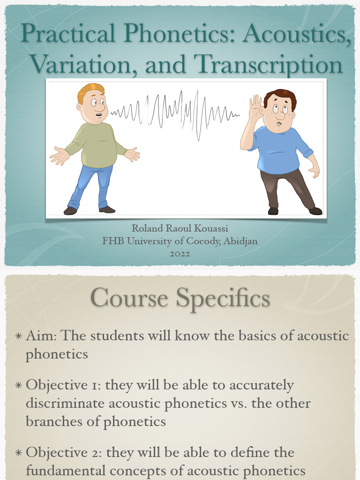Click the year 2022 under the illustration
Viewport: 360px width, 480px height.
pos(180,254)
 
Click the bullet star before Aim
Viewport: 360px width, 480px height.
pos(18,337)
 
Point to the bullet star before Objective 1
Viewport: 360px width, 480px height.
pos(18,386)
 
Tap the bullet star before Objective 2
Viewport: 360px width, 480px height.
pos(18,453)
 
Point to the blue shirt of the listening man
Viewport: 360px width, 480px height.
pos(279,148)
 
